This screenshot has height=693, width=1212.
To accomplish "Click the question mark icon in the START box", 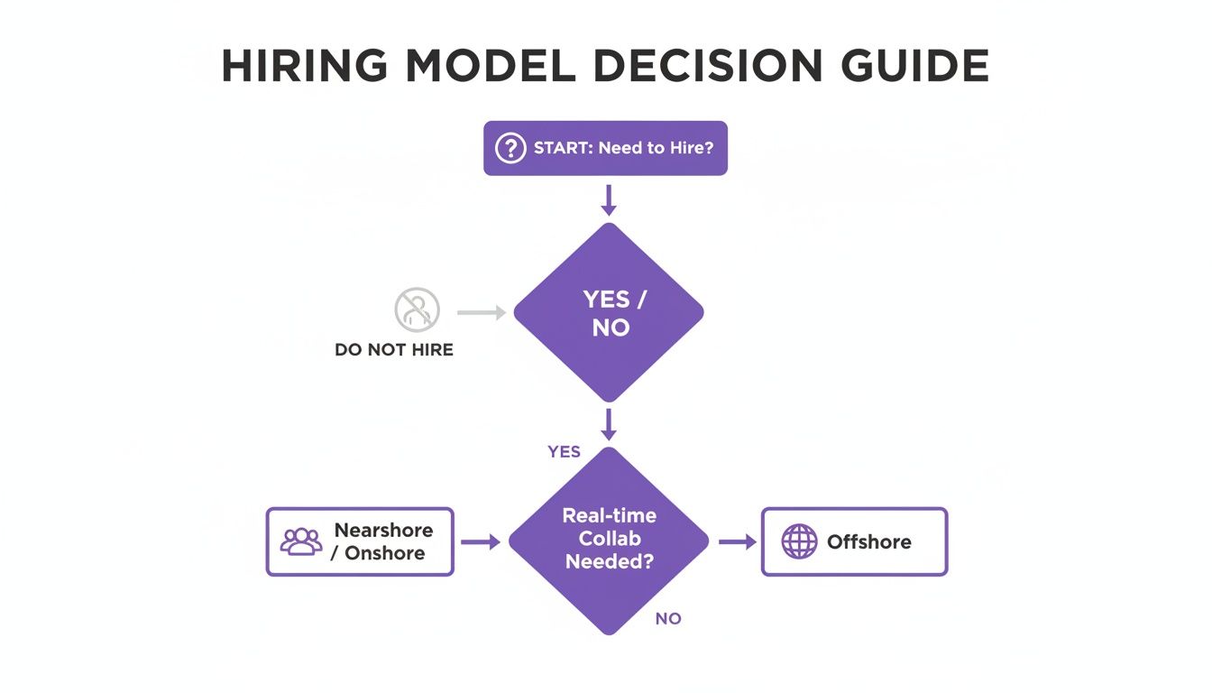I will [x=510, y=148].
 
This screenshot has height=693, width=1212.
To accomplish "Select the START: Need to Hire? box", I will [x=605, y=148].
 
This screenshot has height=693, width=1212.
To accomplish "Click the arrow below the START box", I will [x=609, y=199].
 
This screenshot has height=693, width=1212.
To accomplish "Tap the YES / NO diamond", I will [x=609, y=312].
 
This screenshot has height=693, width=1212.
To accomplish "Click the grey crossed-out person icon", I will [x=417, y=310].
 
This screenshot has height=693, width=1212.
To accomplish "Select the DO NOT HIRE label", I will [x=394, y=349].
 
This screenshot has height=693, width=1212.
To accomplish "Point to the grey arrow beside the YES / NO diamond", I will [x=482, y=312].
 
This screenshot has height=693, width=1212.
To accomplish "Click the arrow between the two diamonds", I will [x=609, y=424].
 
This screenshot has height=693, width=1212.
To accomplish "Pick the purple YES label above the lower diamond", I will [x=564, y=451].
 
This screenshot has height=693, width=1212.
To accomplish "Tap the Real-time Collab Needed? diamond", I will [x=609, y=541].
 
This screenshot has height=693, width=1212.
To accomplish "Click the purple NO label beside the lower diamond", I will [x=668, y=619].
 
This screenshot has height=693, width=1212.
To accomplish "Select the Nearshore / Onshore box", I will [x=360, y=541].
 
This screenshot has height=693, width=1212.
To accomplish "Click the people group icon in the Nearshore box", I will [x=301, y=541].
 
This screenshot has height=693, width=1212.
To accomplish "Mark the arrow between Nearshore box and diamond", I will [x=480, y=542].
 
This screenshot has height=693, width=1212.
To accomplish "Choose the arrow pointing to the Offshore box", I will [x=737, y=542].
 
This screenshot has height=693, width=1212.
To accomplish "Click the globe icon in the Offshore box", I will [x=798, y=542].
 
